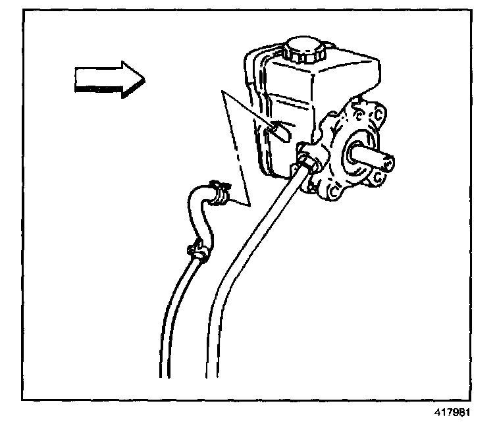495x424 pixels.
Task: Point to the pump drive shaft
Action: click(372, 157)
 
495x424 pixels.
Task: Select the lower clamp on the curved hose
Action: click(197, 250)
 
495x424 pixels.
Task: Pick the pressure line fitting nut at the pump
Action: click(307, 159)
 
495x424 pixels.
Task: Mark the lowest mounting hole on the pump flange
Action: click(332, 193)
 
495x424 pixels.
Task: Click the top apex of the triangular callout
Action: click(224, 93)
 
